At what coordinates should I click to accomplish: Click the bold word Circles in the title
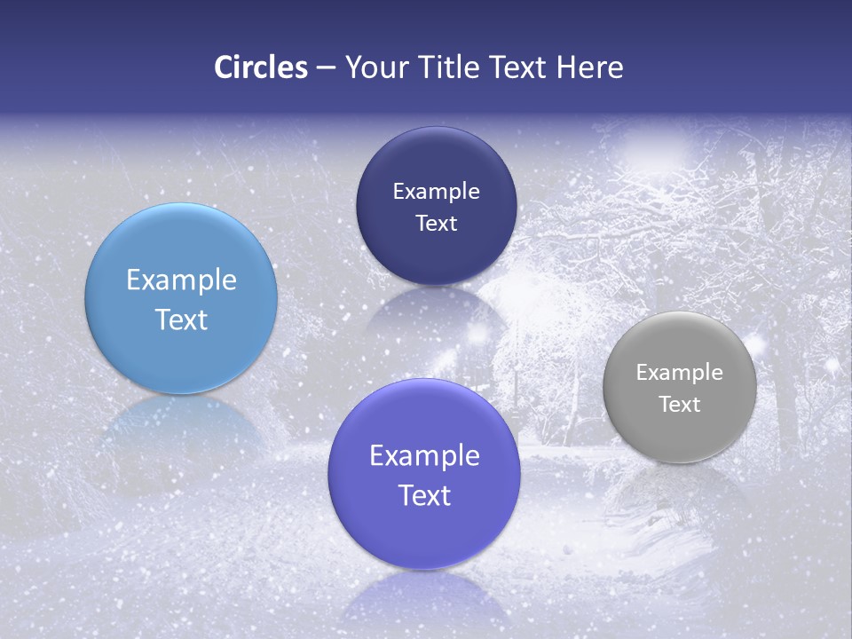[261, 67]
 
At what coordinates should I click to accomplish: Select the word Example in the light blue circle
[181, 280]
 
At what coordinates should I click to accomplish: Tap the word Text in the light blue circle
[181, 319]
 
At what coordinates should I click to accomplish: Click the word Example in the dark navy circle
[436, 192]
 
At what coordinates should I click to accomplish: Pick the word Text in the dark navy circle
[436, 224]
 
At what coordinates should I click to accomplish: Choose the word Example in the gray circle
[679, 373]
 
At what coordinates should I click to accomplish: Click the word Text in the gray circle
[679, 405]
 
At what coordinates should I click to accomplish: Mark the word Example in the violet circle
[424, 456]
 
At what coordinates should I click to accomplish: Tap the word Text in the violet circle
[424, 495]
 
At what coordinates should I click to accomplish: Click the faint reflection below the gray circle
[679, 488]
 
